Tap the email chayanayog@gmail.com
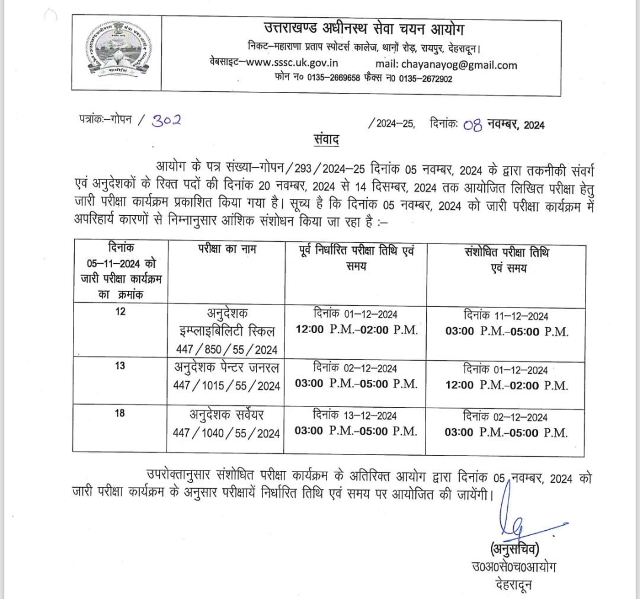458,65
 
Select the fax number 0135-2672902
425,79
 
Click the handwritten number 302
167,120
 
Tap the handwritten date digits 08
473,125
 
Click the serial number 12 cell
120,313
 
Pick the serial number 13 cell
120,366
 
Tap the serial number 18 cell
120,413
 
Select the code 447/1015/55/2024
226,386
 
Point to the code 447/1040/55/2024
225,433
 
